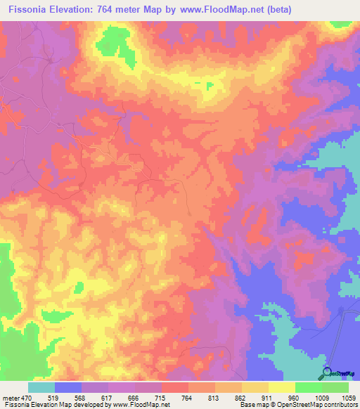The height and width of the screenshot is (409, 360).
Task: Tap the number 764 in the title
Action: tap(115, 9)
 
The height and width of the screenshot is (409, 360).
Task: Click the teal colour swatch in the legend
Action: tap(41, 387)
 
